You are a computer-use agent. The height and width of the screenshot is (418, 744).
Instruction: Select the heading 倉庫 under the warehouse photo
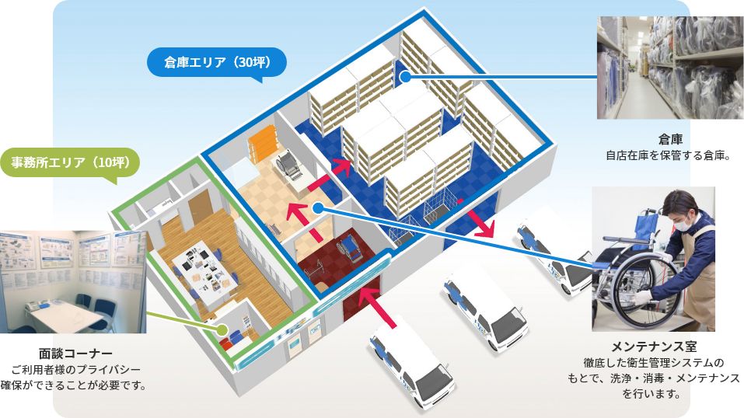click(x=670, y=139)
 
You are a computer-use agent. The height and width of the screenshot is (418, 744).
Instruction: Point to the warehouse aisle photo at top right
click(x=670, y=68)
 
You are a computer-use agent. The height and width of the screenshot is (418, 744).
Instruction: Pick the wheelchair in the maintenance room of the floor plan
click(x=286, y=162)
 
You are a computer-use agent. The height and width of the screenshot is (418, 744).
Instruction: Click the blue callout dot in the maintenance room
click(x=320, y=207)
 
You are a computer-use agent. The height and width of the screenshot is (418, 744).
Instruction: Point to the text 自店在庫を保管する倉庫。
click(x=670, y=155)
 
